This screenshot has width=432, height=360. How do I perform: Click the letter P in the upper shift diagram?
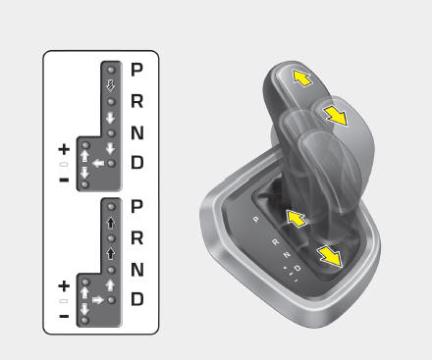pos(136,70)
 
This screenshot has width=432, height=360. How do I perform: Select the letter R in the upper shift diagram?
pos(137,101)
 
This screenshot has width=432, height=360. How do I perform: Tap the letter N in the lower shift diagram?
pos(137,270)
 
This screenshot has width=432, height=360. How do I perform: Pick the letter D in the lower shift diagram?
pos(137,299)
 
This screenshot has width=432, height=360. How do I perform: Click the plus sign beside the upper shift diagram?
pos(64,149)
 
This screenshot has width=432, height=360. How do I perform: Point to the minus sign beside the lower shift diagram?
pos(64,316)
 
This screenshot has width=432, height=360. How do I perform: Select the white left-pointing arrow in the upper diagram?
pos(98,163)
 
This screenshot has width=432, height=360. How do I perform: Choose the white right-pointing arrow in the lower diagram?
pos(98,299)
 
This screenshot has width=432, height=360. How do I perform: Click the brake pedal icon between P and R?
pos(111,86)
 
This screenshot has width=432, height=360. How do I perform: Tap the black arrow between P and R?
pos(111,223)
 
